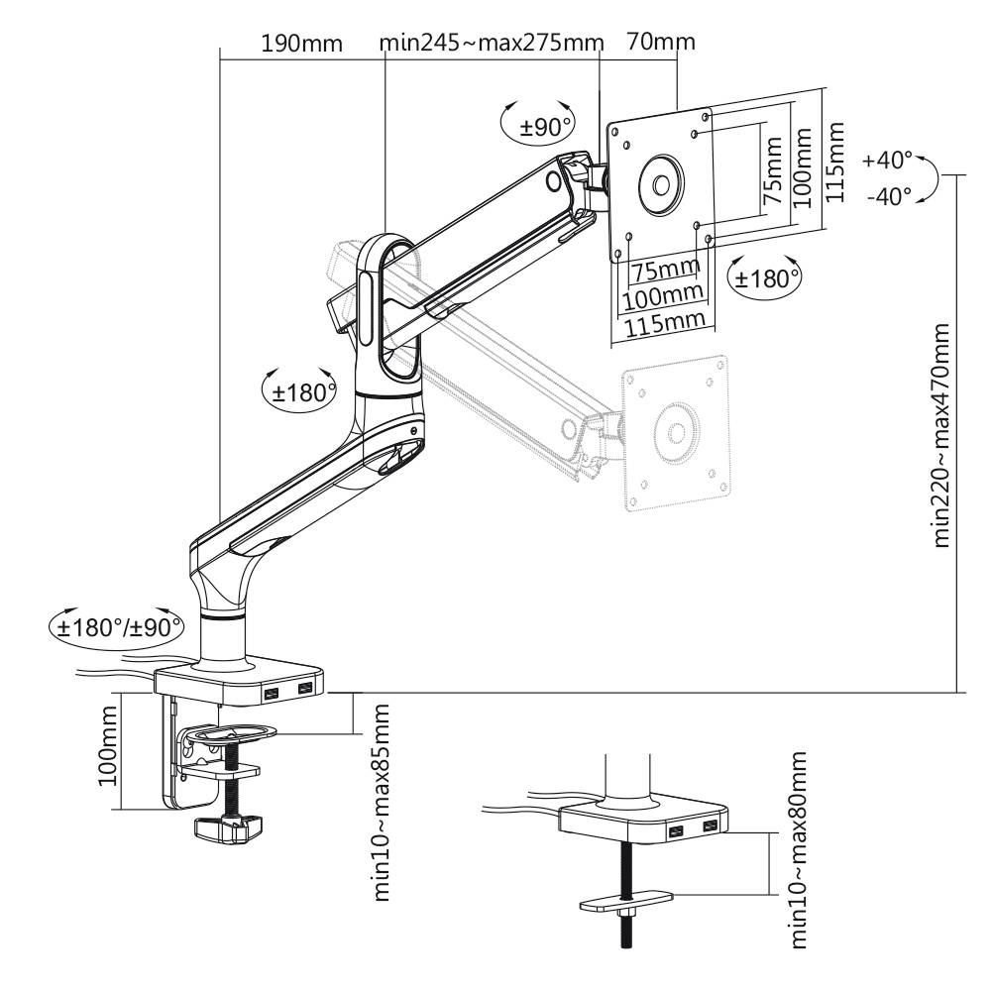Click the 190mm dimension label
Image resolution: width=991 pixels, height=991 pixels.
pos(301,45)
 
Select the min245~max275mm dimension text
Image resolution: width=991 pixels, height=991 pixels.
pos(491,45)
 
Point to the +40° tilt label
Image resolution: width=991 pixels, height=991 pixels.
pos(886,160)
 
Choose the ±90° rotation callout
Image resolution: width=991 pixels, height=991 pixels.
pos(548,127)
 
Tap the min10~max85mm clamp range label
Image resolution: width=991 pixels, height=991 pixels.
pos(382,803)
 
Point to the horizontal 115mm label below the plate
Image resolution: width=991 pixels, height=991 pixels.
pos(662,319)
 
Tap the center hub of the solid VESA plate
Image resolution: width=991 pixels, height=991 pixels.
pos(659,184)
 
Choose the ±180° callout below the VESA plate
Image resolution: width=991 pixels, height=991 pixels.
pos(765,278)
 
